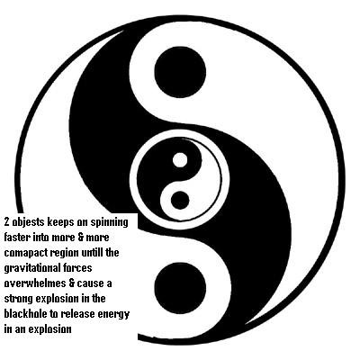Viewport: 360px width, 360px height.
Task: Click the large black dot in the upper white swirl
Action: point(180,72)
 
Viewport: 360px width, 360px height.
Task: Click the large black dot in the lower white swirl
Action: point(180,288)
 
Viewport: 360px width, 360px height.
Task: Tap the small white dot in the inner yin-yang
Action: point(180,160)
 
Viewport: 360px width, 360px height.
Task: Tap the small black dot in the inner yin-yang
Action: point(180,200)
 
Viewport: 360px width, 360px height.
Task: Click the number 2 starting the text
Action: point(6,222)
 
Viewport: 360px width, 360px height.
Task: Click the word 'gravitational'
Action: point(33,268)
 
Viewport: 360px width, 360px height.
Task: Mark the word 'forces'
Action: point(78,268)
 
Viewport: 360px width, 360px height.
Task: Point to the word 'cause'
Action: point(90,283)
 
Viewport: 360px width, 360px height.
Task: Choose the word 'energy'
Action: point(113,315)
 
